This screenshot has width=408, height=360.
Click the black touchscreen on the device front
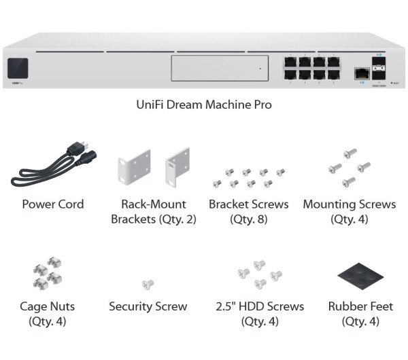pos(17,69)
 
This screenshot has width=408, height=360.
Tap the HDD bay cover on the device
pos(216,69)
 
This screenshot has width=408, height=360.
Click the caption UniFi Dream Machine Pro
pos(204,105)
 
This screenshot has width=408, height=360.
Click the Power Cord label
pos(53,204)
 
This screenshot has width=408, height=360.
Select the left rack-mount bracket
pos(135,166)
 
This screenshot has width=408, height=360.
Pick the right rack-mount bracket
pos(179,166)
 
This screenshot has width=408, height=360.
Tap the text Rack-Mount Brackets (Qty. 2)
pos(154,211)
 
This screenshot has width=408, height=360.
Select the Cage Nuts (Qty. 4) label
pos(48,314)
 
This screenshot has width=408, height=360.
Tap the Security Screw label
pos(148,306)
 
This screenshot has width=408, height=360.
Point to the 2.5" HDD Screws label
pos(258,306)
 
